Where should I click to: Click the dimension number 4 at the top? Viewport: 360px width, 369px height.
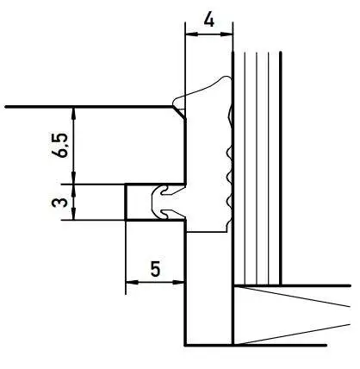point(208,21)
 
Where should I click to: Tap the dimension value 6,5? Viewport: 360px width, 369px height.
point(60,146)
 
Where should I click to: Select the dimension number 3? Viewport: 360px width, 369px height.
point(59,203)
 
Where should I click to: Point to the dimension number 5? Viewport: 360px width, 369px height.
point(155,269)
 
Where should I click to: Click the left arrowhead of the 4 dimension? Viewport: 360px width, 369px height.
point(192,34)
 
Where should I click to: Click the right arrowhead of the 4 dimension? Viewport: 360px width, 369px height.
point(227,34)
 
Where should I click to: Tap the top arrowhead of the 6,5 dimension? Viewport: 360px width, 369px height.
point(74,113)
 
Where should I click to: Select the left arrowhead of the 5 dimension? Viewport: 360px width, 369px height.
point(132,283)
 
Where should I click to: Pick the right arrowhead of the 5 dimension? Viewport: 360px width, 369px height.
point(178,283)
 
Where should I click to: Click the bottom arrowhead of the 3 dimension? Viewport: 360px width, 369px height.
point(74,214)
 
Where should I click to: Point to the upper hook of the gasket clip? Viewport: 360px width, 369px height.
point(166,190)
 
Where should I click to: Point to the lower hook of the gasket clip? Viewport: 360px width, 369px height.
point(166,213)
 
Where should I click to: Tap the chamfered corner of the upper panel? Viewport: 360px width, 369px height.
point(179,112)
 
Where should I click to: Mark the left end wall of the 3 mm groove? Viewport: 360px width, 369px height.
point(126,202)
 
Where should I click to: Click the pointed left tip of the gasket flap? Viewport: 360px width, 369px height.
point(174,103)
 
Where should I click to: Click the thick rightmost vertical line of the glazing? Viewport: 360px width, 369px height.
point(281,169)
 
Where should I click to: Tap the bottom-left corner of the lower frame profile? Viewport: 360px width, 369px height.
point(185,345)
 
